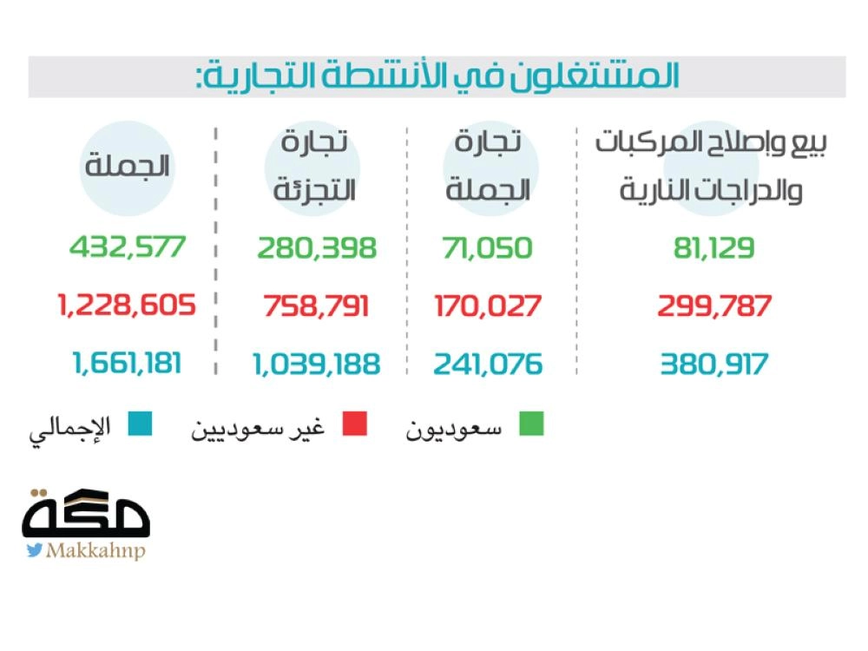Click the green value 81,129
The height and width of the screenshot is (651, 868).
tap(714, 248)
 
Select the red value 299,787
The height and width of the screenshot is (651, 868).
tap(715, 306)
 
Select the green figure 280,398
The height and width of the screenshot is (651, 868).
tap(317, 248)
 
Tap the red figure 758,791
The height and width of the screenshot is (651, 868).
tap(317, 306)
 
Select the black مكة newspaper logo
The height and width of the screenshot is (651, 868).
tap(86, 514)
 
